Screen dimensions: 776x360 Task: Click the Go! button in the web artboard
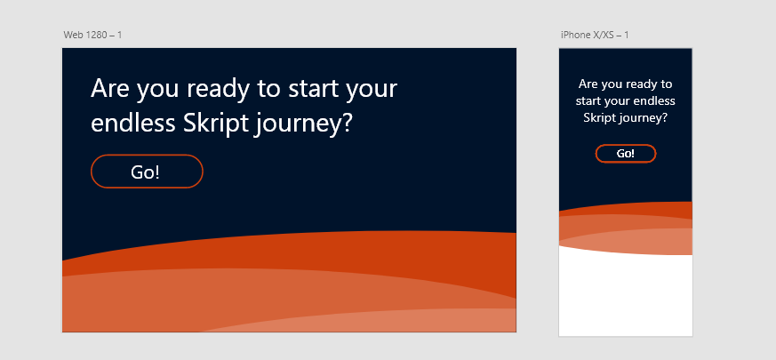click(x=147, y=172)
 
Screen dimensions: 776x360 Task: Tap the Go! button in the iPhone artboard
click(x=626, y=154)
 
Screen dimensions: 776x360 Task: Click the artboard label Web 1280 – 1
click(x=92, y=35)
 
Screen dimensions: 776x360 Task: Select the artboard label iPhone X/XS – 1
click(x=595, y=35)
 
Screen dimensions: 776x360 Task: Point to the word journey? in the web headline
click(x=303, y=124)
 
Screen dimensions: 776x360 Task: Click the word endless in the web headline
click(x=133, y=123)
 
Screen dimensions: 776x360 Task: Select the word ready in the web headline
click(x=220, y=89)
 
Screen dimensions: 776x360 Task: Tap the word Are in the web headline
click(x=110, y=88)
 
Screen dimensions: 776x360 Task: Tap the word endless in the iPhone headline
click(x=654, y=101)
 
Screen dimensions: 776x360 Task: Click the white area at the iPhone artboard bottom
click(x=626, y=297)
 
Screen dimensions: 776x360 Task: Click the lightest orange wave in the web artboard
click(x=396, y=321)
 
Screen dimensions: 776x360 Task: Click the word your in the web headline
click(x=372, y=90)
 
